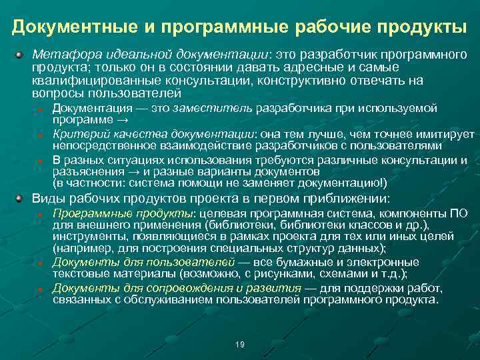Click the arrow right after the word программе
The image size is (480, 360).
coord(122,120)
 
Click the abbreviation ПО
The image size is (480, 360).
coord(459,214)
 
